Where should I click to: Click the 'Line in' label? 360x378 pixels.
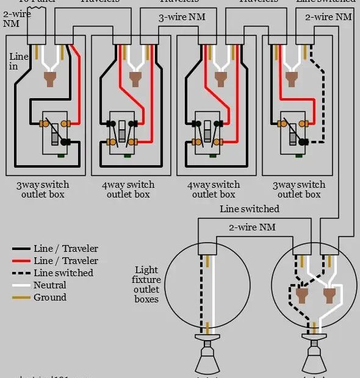(18, 62)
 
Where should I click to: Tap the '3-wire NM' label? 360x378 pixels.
(182, 18)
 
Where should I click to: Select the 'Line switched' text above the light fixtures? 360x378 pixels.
(249, 209)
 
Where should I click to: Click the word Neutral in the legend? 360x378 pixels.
(50, 285)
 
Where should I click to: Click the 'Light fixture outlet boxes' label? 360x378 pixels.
(146, 284)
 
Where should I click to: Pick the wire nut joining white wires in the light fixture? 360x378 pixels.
(328, 296)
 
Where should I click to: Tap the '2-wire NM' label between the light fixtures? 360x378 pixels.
(252, 227)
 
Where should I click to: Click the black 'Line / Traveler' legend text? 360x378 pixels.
(65, 249)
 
